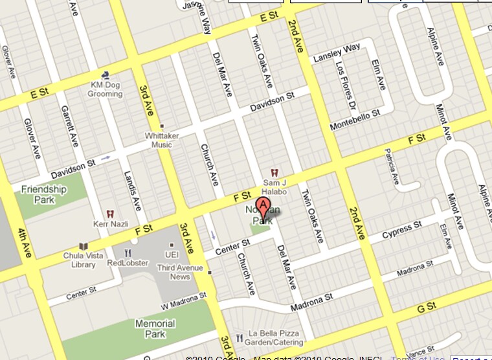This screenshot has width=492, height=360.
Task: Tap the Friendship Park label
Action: [44, 194]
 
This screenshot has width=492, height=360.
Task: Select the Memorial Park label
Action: [155, 328]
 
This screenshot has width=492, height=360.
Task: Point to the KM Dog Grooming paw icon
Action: [105, 76]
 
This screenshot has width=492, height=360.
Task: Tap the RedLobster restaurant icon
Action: [128, 253]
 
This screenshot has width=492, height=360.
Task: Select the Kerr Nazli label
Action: [109, 221]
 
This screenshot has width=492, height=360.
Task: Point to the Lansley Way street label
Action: [337, 53]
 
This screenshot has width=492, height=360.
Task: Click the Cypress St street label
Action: [401, 230]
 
